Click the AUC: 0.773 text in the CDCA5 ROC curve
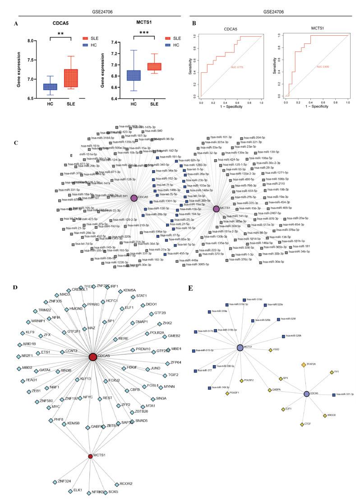[x=237, y=67]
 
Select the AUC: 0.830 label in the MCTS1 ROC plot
[x=323, y=66]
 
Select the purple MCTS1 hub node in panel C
[x=216, y=209]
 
